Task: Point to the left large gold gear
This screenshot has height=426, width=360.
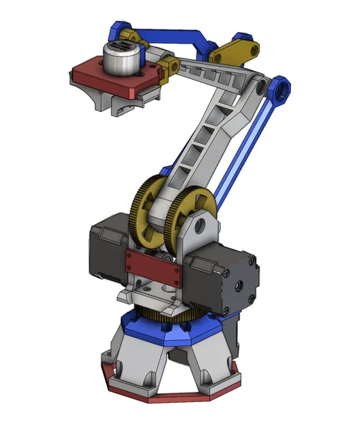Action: coord(149,212)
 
